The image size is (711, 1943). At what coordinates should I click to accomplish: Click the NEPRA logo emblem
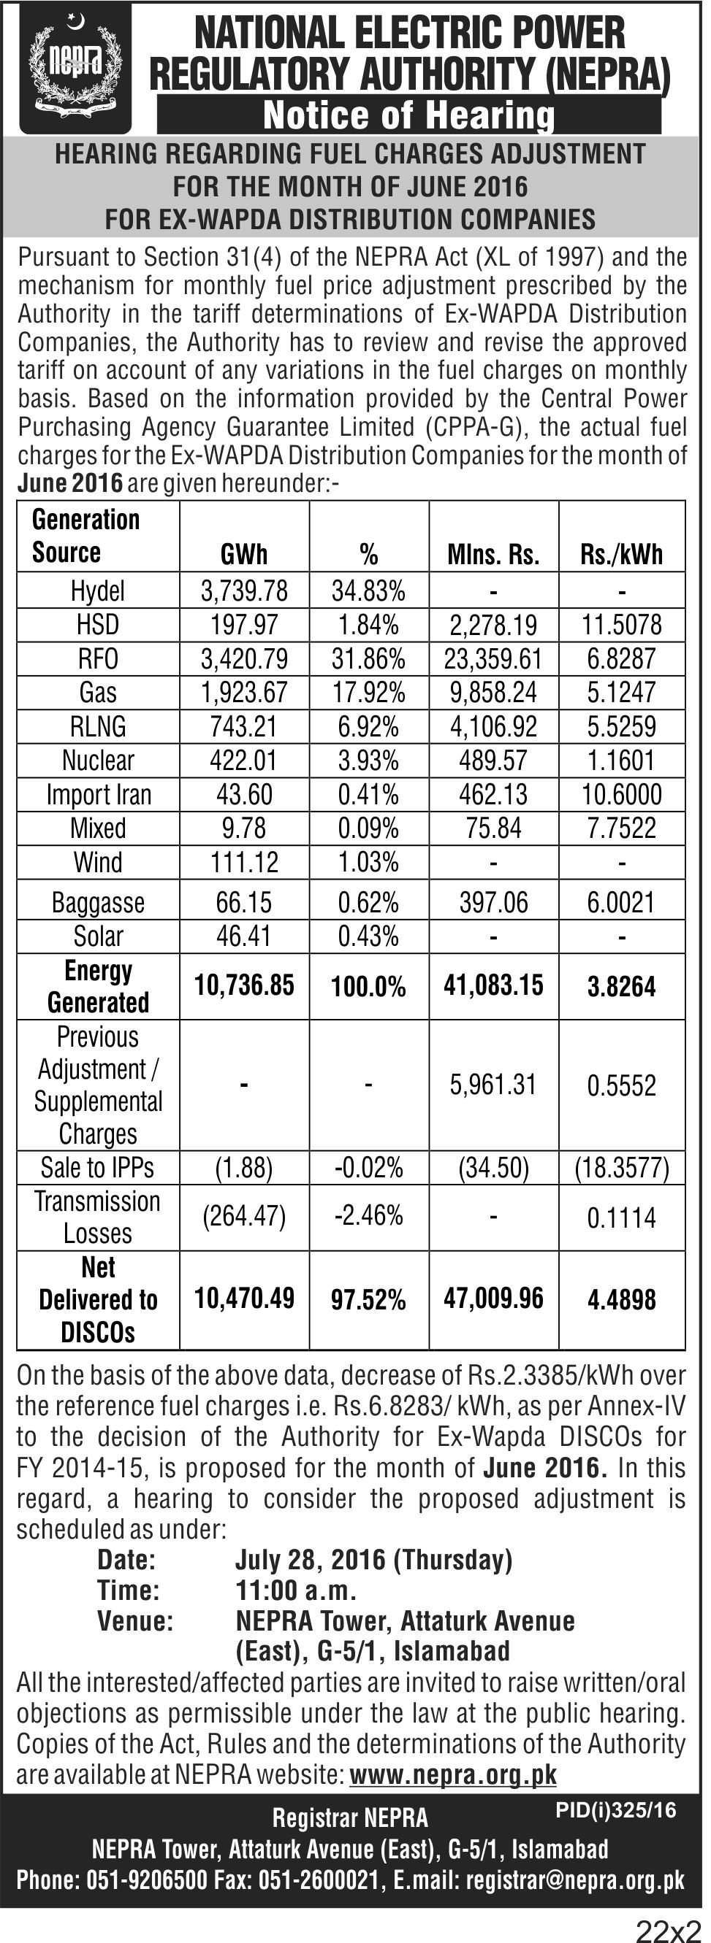pos(75,69)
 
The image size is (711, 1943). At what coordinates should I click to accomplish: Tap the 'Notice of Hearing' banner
pos(408,115)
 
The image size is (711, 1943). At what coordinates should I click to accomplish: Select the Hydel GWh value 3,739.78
pos(244,590)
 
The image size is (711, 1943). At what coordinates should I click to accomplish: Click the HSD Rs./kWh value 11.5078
pos(621,625)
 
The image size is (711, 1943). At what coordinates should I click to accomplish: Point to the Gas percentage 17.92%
pos(368,693)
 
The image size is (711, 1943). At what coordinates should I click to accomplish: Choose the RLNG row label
pos(98,726)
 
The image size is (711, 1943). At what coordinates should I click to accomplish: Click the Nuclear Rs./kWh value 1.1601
pos(621,761)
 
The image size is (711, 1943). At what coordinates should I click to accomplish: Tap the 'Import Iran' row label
pos(98,794)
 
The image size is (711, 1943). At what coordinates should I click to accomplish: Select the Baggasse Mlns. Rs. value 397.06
pos(494,902)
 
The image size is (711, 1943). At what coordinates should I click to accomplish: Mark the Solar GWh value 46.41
pos(244,936)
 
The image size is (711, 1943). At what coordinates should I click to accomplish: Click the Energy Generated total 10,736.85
pos(244,985)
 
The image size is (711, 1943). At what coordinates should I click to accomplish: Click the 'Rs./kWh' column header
pos(621,555)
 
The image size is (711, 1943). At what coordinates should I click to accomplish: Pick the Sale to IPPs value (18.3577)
pos(621,1168)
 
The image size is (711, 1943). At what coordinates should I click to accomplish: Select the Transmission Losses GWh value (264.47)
pos(244,1217)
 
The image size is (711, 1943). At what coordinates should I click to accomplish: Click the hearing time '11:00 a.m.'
pos(296,1590)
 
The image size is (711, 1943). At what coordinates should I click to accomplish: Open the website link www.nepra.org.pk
pos(453,1774)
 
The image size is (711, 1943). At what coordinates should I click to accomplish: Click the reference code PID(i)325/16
pos(616,1810)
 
